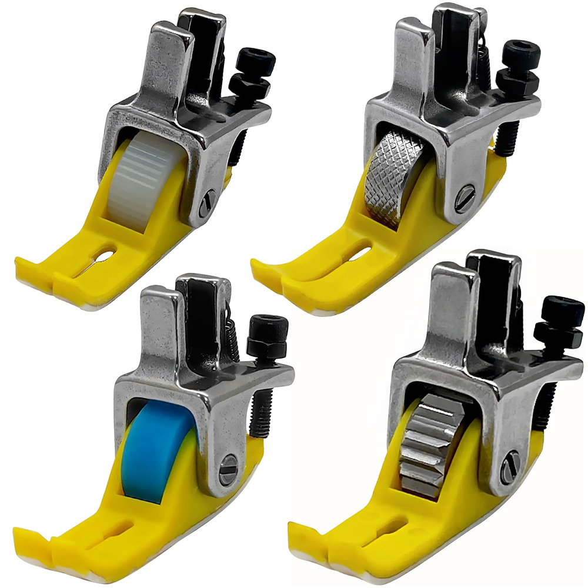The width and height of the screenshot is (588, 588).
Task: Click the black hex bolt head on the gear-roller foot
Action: tap(562, 309)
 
